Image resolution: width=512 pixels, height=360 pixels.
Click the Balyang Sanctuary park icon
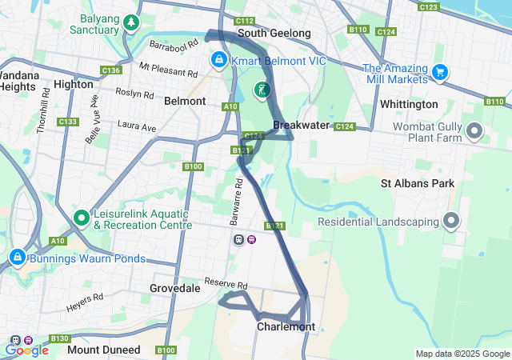[x=130, y=23]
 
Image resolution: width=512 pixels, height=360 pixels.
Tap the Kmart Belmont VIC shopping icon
[x=218, y=60]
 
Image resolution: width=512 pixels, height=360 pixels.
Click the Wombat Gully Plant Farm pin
[x=474, y=130]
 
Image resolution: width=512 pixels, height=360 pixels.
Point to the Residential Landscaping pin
[x=451, y=220]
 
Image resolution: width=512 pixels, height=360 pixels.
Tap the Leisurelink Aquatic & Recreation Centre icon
[x=81, y=217]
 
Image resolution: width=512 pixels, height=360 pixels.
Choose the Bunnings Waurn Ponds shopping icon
[x=17, y=258]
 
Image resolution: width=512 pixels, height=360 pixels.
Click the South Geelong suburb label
[x=274, y=34]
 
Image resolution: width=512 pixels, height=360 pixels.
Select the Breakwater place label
[x=301, y=126]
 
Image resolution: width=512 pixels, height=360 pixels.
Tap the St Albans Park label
[x=417, y=183]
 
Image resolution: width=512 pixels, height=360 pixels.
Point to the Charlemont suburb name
[x=286, y=326]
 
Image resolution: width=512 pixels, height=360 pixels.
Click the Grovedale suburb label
[x=174, y=288]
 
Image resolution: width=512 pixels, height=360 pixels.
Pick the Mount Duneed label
[x=104, y=350]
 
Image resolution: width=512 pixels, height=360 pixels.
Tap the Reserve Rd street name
[x=226, y=283]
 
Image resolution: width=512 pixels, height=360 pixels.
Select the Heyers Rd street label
[x=86, y=297]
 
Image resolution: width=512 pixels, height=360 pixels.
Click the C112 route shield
[x=245, y=21]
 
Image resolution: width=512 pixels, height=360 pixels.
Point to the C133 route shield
[x=68, y=122]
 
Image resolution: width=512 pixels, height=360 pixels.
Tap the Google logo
[x=26, y=350]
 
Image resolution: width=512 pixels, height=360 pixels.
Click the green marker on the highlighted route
[x=262, y=89]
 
